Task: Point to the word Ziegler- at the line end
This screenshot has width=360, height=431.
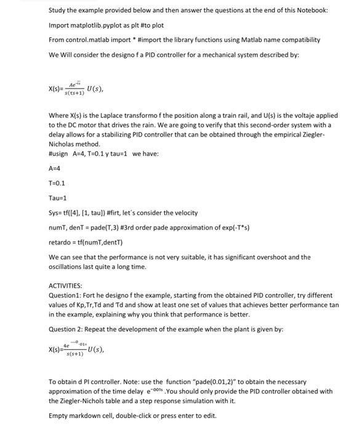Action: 322,134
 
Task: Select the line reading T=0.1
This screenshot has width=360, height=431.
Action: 57,183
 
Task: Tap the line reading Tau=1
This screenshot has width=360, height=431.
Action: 57,198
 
